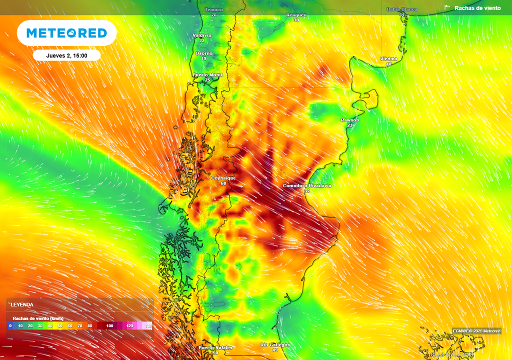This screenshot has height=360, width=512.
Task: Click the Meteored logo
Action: (66, 33)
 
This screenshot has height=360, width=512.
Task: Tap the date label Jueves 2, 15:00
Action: (66, 55)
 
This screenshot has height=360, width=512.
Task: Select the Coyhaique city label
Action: (223, 178)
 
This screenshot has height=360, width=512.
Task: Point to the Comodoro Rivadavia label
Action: (307, 185)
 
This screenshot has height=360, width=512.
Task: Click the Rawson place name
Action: (349, 120)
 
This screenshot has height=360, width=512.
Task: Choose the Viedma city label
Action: (388, 59)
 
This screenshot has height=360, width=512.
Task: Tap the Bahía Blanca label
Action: (401, 9)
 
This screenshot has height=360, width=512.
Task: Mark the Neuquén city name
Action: (296, 15)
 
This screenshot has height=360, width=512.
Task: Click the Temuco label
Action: (214, 9)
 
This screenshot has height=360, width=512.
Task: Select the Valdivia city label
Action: (202, 35)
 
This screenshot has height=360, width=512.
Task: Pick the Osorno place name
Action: (203, 53)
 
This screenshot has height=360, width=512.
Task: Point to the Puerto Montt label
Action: (207, 74)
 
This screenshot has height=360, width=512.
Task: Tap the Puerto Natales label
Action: (215, 347)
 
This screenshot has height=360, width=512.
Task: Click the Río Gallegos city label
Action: (275, 345)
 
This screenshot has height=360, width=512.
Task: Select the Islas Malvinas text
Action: (451, 354)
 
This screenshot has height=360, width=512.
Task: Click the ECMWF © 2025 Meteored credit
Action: (476, 331)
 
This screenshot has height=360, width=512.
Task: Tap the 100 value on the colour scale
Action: (110, 326)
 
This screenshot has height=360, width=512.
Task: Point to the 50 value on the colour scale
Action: (60, 326)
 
